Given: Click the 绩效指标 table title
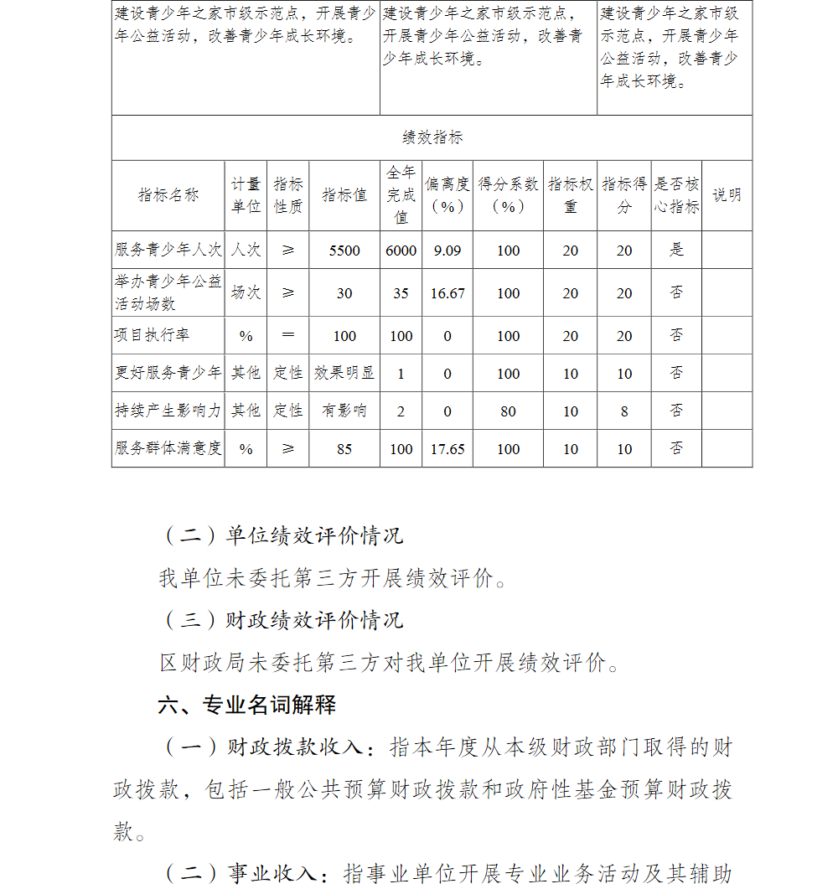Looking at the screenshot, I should (432, 137).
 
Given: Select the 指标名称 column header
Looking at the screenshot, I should (168, 195).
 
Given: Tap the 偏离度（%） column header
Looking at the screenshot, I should (447, 195).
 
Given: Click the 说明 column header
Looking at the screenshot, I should (727, 195).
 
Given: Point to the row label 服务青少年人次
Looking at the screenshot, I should (168, 250).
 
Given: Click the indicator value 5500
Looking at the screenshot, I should (344, 251).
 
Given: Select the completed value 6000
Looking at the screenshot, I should (401, 251).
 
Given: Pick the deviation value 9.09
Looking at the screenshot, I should (447, 251).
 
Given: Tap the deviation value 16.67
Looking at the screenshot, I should (447, 293).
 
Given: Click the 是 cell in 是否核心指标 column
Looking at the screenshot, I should (676, 250).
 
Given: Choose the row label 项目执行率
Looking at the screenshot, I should (153, 335).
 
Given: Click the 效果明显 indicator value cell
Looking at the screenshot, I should (344, 373).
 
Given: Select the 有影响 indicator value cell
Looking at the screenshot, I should (344, 411).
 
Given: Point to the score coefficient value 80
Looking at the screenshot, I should (508, 411).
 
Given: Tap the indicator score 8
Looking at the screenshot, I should (624, 411).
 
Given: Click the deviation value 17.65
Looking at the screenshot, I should (447, 449).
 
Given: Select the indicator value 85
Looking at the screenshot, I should (344, 449).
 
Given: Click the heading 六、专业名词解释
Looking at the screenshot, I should (247, 706).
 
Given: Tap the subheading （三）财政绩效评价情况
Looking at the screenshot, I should (282, 620).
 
